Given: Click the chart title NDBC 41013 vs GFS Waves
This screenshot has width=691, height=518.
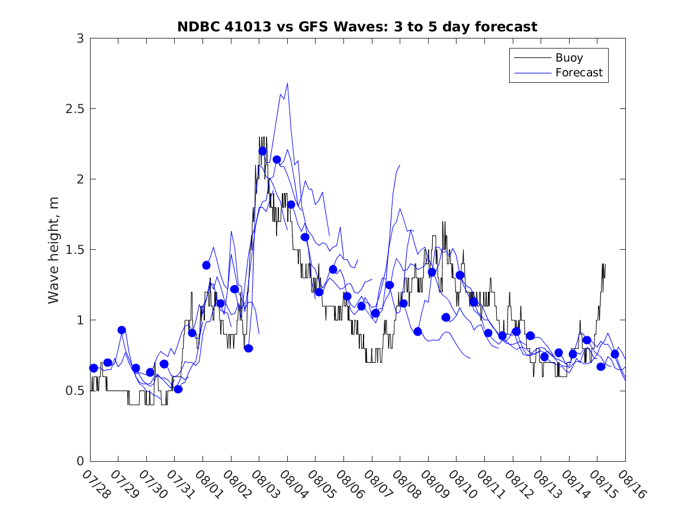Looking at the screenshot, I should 357,27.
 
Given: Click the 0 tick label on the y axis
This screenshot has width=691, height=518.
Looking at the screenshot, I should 79,461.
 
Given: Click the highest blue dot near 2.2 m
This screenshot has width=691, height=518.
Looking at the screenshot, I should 262,151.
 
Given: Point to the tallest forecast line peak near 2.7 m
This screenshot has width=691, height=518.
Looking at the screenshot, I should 287,83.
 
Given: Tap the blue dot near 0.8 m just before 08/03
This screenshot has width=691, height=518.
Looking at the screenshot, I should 249,348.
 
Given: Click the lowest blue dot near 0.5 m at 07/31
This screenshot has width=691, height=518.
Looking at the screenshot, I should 178,389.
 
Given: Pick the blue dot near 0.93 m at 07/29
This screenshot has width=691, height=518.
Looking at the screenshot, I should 121,330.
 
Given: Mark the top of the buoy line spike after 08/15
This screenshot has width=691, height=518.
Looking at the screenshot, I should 603,264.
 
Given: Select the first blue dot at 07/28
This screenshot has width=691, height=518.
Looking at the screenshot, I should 94,368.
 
